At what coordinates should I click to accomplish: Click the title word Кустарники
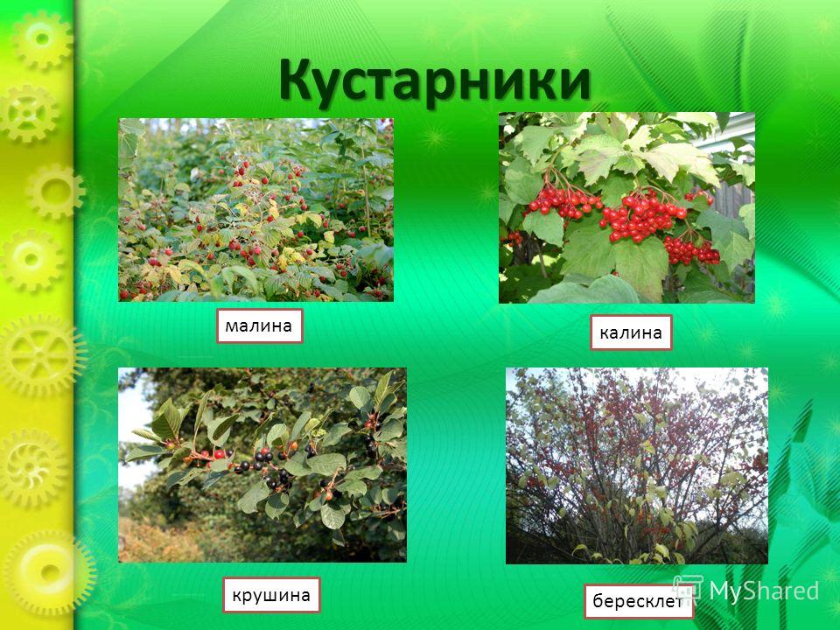tap(435, 81)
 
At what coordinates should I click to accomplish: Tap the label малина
tap(259, 325)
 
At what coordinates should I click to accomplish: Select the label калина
tap(631, 332)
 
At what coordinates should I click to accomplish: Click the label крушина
tap(271, 595)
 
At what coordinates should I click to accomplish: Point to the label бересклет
tap(639, 602)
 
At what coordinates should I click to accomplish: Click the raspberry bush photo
tap(255, 209)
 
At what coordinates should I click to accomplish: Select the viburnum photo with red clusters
tap(626, 208)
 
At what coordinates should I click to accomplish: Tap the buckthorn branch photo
tap(262, 465)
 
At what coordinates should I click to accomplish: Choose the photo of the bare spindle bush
tap(636, 466)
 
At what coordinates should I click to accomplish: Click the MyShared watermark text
tap(763, 591)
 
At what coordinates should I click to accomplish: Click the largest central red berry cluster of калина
tap(641, 214)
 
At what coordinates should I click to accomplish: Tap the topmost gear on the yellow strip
tap(42, 39)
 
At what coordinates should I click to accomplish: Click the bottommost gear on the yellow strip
tap(49, 571)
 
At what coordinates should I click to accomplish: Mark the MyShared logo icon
tap(688, 589)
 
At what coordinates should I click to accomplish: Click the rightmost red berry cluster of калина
tap(691, 251)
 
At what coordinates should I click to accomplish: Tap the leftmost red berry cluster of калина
tap(563, 201)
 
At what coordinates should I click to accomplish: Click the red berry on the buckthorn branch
tap(219, 454)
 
